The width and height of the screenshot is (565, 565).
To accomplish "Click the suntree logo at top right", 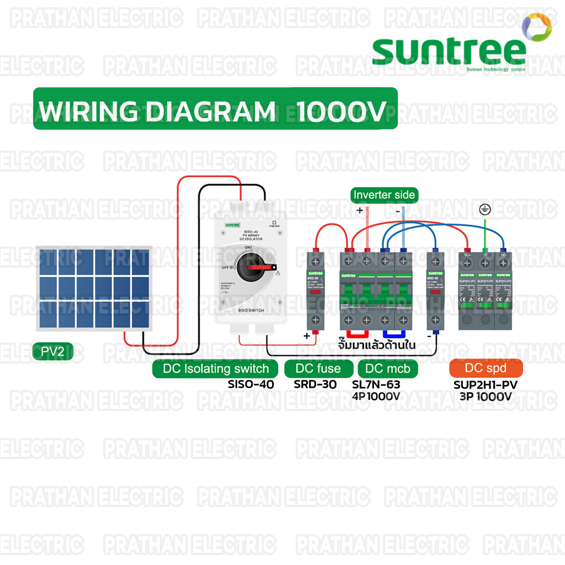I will [450, 50].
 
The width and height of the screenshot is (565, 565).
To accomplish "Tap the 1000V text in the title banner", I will [340, 112].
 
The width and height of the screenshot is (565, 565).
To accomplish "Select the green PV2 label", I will [53, 351].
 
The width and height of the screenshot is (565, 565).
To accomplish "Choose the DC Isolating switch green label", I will [216, 369].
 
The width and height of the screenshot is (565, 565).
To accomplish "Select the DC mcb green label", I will [388, 369].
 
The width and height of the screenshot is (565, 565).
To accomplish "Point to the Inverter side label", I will [385, 195].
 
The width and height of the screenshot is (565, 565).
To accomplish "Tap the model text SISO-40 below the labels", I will [251, 384].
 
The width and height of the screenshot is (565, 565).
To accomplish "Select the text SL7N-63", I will [376, 384].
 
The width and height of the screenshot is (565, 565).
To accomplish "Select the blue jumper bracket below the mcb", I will [395, 334].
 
